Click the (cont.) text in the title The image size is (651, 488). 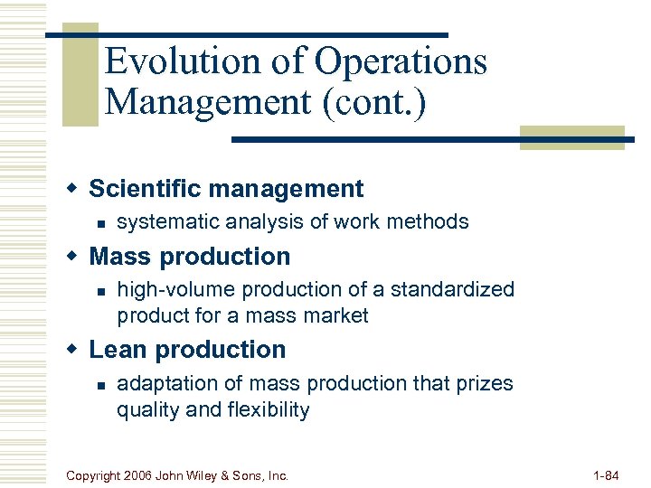pos(371,101)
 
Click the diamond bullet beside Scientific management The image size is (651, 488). pos(74,188)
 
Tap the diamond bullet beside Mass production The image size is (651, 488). pos(74,256)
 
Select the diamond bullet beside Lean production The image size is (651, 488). pos(74,349)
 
